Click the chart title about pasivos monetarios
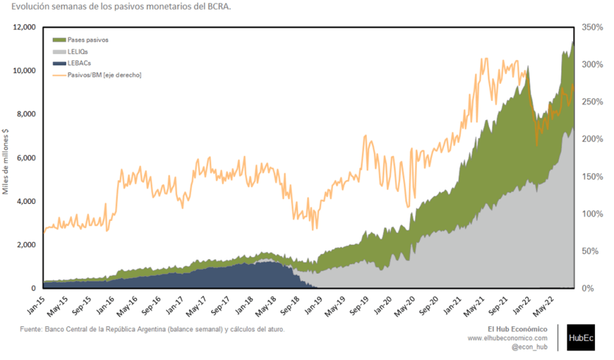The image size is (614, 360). (117, 7)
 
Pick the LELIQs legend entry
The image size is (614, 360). (79, 52)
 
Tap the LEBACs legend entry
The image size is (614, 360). (79, 63)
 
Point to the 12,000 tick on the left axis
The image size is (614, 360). (24, 28)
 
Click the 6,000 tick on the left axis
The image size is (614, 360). (26, 158)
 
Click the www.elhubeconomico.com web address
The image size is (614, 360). (508, 338)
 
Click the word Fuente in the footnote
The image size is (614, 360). (32, 329)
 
